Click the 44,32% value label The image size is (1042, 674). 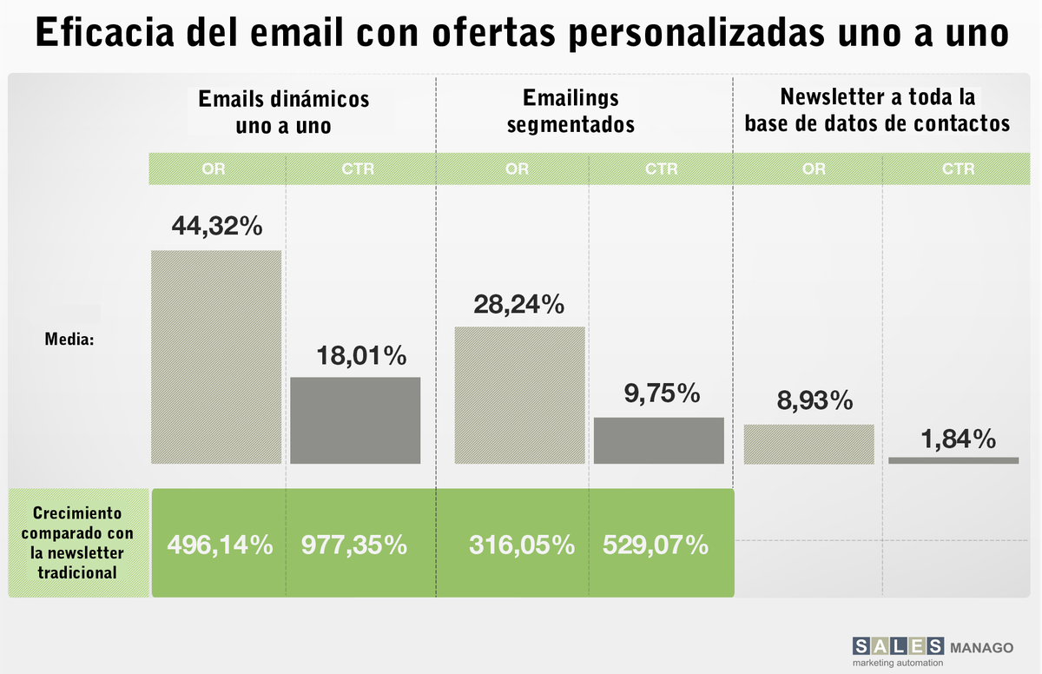point(217,227)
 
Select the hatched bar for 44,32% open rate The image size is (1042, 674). point(216,356)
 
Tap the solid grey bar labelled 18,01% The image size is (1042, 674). point(355,420)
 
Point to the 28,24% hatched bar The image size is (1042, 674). point(519,395)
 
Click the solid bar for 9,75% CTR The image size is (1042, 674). point(658,440)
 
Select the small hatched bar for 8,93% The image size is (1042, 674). point(808,444)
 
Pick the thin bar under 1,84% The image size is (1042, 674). point(953,459)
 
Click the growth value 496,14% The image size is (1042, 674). point(220,545)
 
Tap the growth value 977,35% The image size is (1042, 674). point(354,545)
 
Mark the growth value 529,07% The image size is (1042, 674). point(656,545)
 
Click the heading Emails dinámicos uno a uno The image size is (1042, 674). point(284,111)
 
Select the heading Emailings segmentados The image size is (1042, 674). point(570,111)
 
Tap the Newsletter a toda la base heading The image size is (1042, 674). point(877,109)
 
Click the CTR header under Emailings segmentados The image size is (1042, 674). point(661,169)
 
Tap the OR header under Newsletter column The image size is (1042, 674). point(814,169)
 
